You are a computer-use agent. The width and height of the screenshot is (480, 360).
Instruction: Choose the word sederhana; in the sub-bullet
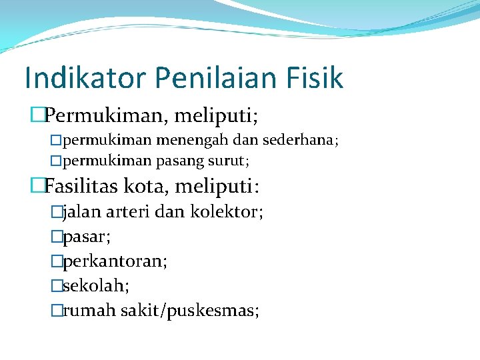tap(301, 141)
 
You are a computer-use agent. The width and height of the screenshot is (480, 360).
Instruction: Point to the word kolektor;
tap(227, 213)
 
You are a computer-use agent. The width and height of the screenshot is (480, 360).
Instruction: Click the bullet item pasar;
tap(87, 237)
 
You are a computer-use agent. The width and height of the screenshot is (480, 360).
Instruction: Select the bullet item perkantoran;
tap(115, 261)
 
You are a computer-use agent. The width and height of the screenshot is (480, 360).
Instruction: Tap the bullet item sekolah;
tap(96, 285)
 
